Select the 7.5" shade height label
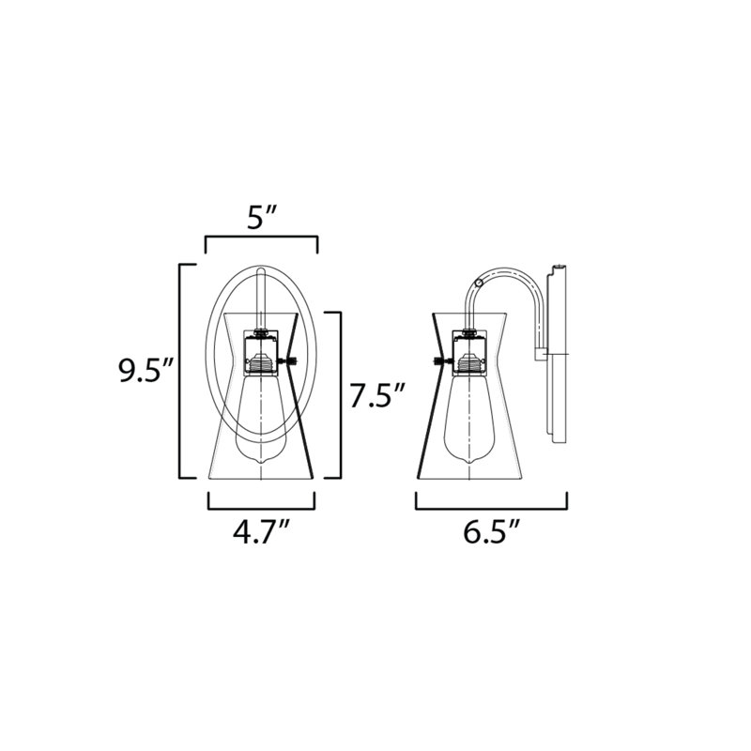click(x=376, y=395)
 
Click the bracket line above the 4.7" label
click(x=261, y=508)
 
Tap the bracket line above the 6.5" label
click(x=491, y=508)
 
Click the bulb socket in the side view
click(x=468, y=354)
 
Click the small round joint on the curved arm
click(x=481, y=280)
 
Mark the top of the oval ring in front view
click(x=262, y=269)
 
